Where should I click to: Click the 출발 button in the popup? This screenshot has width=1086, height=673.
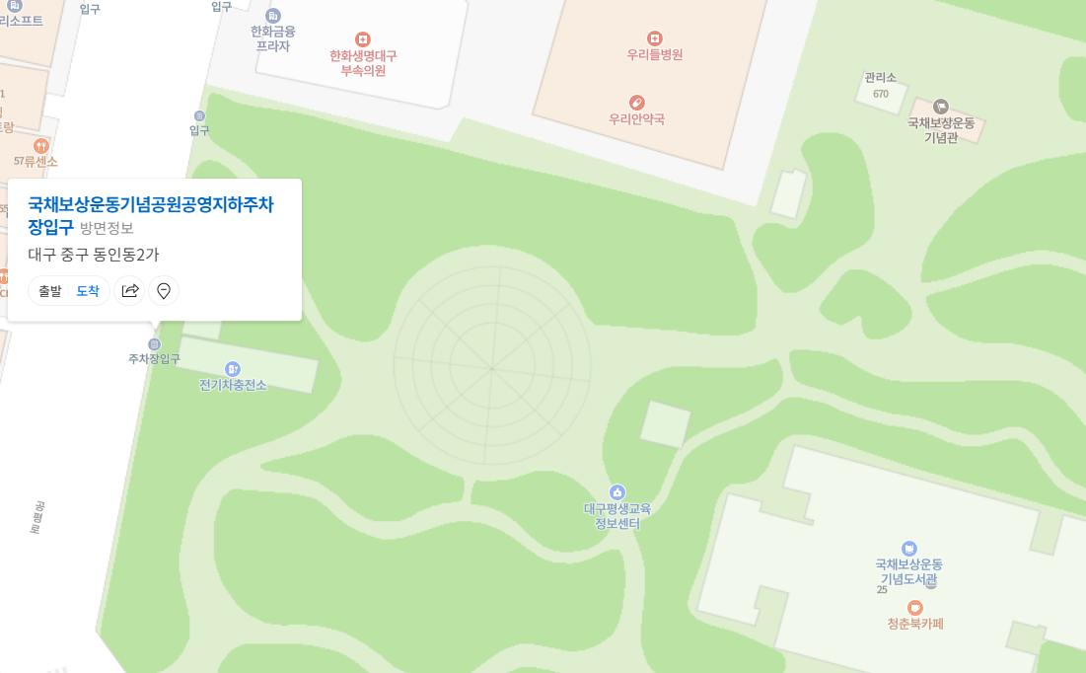(50, 291)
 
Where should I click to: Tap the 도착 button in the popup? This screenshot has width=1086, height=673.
(88, 291)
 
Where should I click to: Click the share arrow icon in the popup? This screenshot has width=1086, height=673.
(130, 291)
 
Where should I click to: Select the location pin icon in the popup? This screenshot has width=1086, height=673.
(164, 291)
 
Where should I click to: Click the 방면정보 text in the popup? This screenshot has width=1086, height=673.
(107, 228)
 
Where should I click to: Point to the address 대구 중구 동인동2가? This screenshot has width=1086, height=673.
(93, 254)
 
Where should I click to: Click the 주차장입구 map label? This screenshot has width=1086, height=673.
(154, 359)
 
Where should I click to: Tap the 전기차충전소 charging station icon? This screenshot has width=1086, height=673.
(233, 368)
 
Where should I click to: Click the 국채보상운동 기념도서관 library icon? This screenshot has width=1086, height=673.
(909, 548)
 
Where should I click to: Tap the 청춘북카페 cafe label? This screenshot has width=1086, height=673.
(915, 624)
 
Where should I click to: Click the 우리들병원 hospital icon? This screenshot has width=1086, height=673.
(655, 38)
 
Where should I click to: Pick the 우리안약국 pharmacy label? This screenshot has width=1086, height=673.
(637, 119)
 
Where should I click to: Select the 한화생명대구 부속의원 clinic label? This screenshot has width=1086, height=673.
(363, 62)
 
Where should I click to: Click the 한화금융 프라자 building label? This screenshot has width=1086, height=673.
(273, 37)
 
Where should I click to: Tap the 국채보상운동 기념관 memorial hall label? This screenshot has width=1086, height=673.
(941, 129)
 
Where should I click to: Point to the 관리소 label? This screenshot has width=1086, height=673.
(880, 78)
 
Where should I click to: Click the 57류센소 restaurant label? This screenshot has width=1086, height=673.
(36, 161)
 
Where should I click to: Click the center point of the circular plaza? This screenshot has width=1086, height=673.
(492, 369)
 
